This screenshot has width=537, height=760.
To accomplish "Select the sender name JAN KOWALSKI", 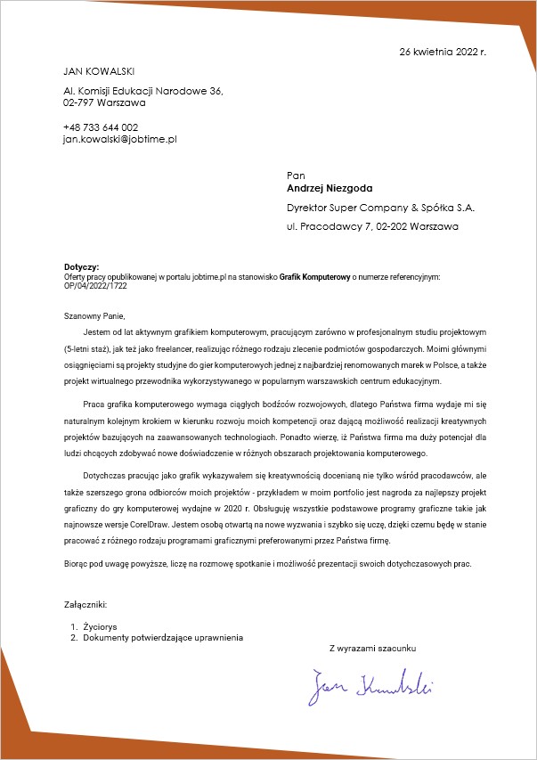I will [99, 70].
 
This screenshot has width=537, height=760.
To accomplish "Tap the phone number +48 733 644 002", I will [101, 127].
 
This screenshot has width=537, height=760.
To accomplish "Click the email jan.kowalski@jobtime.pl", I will [120, 139].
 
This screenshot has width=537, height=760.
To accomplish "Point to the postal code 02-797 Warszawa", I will [104, 102].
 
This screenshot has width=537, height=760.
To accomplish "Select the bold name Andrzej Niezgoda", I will [330, 188].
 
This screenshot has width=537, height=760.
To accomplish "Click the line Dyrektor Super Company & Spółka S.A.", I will [380, 208].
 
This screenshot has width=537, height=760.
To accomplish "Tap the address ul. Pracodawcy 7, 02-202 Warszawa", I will [372, 227].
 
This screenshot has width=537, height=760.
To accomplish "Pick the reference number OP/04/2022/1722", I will [95, 286].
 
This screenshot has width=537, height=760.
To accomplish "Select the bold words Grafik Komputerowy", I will [314, 277].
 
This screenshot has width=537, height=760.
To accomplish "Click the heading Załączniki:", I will [85, 605].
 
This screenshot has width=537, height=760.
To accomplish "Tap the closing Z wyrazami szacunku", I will [372, 648].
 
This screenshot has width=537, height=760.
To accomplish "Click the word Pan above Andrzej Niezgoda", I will [296, 176].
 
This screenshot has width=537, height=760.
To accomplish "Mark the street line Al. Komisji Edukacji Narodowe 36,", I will [142, 91].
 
